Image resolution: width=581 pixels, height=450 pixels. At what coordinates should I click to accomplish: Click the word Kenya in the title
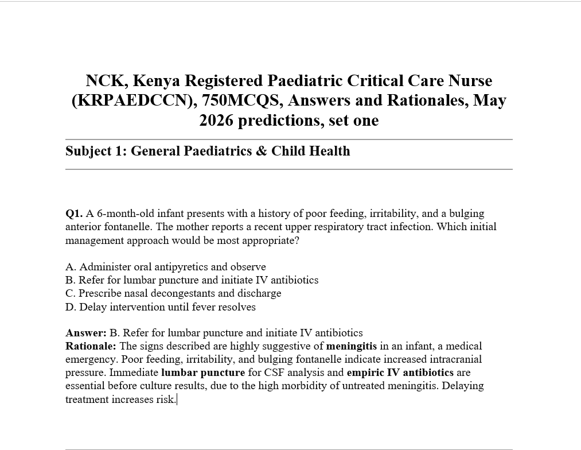click(157, 80)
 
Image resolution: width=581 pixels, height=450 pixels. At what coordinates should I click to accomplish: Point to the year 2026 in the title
click(216, 121)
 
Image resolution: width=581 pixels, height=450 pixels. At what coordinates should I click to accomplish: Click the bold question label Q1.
click(74, 214)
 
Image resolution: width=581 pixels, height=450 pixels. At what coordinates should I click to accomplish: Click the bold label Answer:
click(86, 333)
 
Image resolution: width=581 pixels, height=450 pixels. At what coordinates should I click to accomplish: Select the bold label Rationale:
click(91, 346)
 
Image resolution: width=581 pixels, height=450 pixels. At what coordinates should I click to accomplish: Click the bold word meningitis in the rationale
click(352, 346)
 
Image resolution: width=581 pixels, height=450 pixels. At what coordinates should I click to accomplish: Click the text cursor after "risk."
click(177, 399)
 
